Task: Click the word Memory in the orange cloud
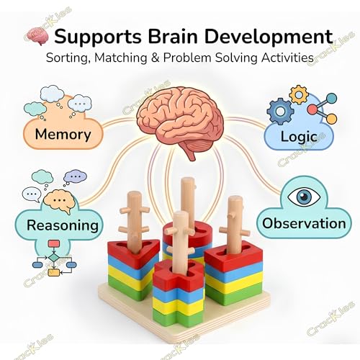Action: pos(63,134)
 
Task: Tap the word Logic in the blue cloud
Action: pos(299,137)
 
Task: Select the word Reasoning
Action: pos(63,225)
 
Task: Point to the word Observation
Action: pos(304,223)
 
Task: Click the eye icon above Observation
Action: pos(304,197)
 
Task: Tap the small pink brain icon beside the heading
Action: pos(38,37)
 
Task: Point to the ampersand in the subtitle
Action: pos(156,58)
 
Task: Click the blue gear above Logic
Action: pos(280,111)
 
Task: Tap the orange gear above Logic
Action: pos(299,94)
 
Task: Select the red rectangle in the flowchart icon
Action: pos(54,244)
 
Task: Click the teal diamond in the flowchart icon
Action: pos(54,258)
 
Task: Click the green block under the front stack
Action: pos(178,315)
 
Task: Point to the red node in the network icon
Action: pos(312,109)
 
